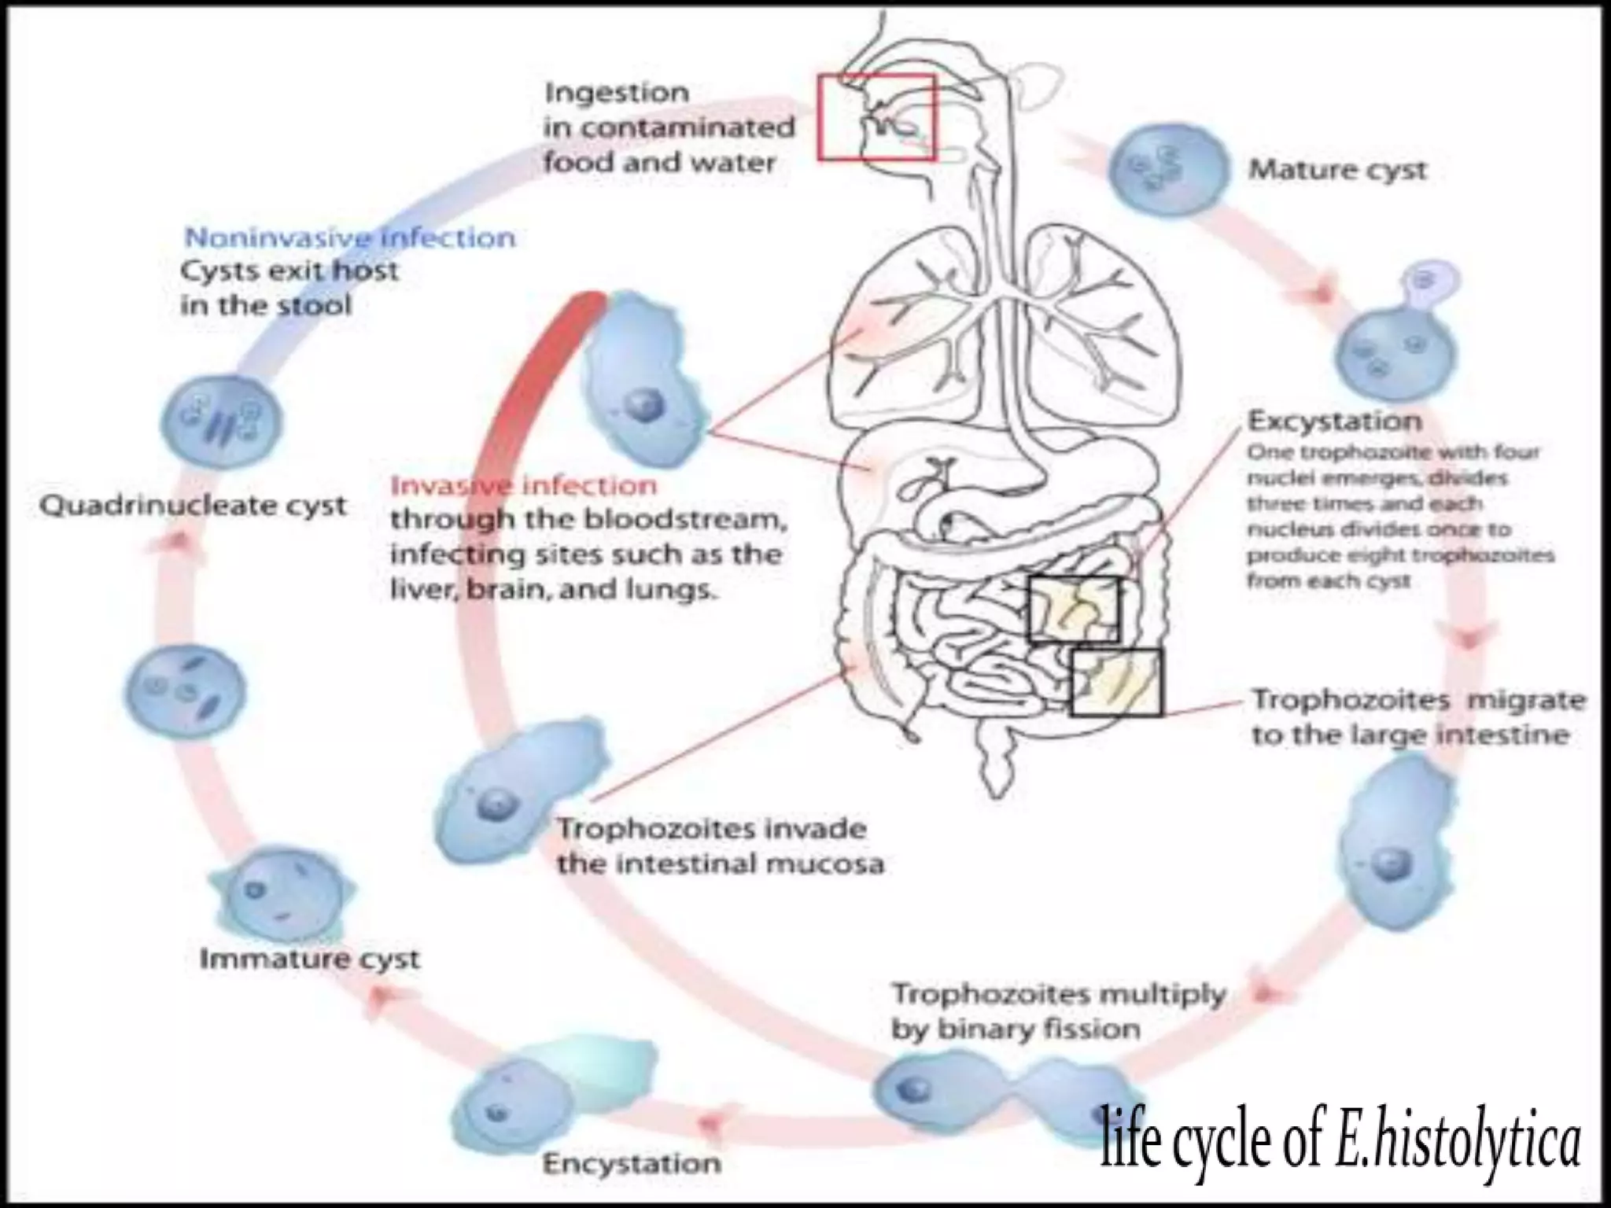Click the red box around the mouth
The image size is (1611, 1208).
pos(876,117)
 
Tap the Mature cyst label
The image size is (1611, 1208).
pos(1337,170)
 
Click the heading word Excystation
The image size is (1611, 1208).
pos(1334,422)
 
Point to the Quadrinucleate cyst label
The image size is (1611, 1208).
pos(193,506)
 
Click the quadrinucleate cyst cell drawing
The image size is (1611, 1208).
pos(221,421)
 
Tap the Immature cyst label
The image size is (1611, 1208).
pos(309,959)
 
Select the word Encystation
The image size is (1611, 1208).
pos(632,1163)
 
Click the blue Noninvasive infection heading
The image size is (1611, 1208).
pos(349,238)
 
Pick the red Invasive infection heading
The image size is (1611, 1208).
pos(523,485)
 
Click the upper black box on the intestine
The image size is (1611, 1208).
pos(1074,610)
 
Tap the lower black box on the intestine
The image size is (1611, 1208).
pos(1115,682)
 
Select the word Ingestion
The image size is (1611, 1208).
pos(617,93)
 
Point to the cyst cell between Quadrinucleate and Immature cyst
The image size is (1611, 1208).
pos(185,690)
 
